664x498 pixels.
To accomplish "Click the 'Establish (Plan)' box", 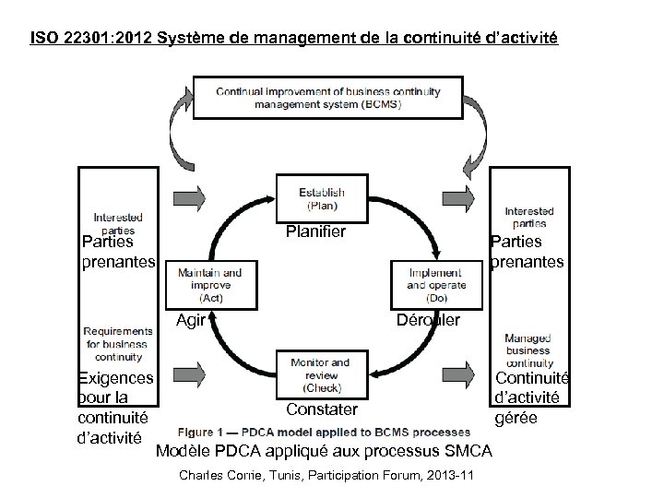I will tap(322, 197).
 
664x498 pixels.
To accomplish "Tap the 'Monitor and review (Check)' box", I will tap(320, 376).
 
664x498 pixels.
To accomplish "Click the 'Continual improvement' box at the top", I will tap(328, 96).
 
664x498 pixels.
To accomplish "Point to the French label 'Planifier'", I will tap(315, 231).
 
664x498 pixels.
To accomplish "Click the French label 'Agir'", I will tap(190, 320).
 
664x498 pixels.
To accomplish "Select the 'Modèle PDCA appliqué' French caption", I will tap(324, 450).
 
